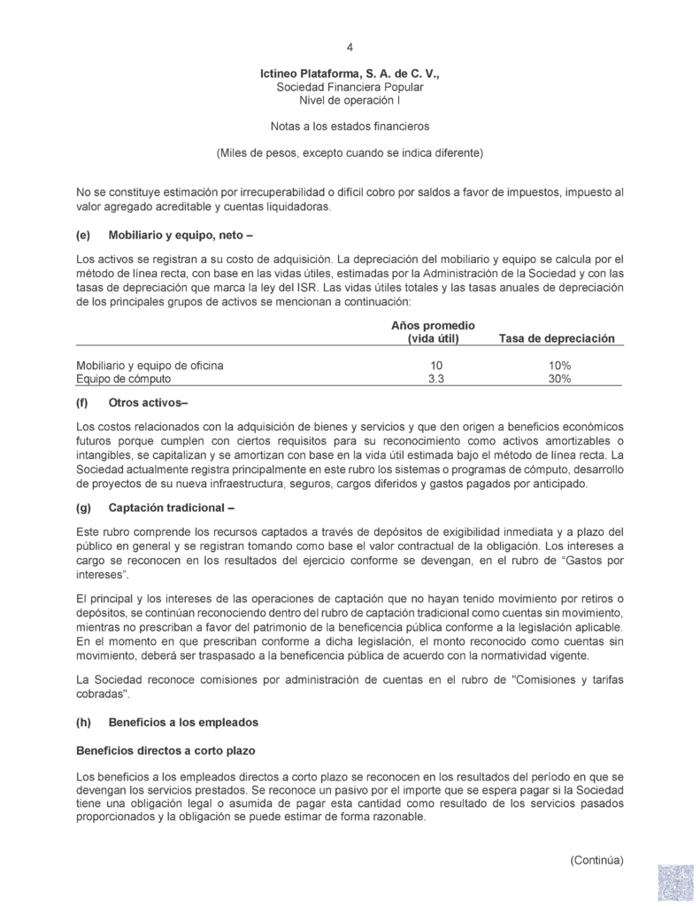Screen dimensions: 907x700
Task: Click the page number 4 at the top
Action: [x=350, y=47]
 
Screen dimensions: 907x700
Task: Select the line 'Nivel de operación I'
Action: [x=350, y=102]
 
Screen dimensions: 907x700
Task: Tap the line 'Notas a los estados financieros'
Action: [x=350, y=128]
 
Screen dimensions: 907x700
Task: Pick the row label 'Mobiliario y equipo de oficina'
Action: [x=150, y=365]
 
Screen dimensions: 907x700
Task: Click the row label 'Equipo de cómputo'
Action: [x=123, y=378]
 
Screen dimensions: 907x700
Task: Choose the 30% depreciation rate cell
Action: [x=558, y=378]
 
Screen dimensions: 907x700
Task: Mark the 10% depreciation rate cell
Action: [x=558, y=365]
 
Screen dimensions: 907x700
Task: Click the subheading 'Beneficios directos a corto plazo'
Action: [x=166, y=750]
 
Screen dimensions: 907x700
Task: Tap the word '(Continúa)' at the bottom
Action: [x=596, y=859]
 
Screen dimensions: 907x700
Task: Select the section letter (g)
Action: [x=84, y=508]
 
